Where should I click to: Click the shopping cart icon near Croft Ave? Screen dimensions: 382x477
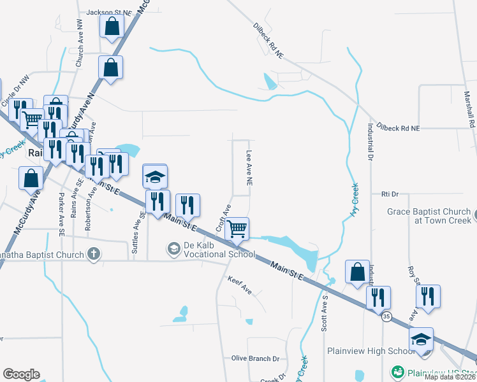tap(237, 228)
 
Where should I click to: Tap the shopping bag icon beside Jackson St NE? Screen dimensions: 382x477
tap(111, 26)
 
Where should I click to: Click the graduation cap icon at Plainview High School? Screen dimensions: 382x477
tap(421, 338)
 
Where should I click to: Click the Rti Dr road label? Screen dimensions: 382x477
tap(389, 194)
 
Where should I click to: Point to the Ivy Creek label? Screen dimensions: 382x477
tap(355, 201)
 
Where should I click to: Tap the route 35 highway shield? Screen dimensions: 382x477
tap(386, 316)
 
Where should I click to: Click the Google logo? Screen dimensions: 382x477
tap(21, 374)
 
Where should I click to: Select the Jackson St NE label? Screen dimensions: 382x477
tap(110, 12)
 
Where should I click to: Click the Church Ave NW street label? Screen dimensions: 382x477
tap(80, 51)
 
